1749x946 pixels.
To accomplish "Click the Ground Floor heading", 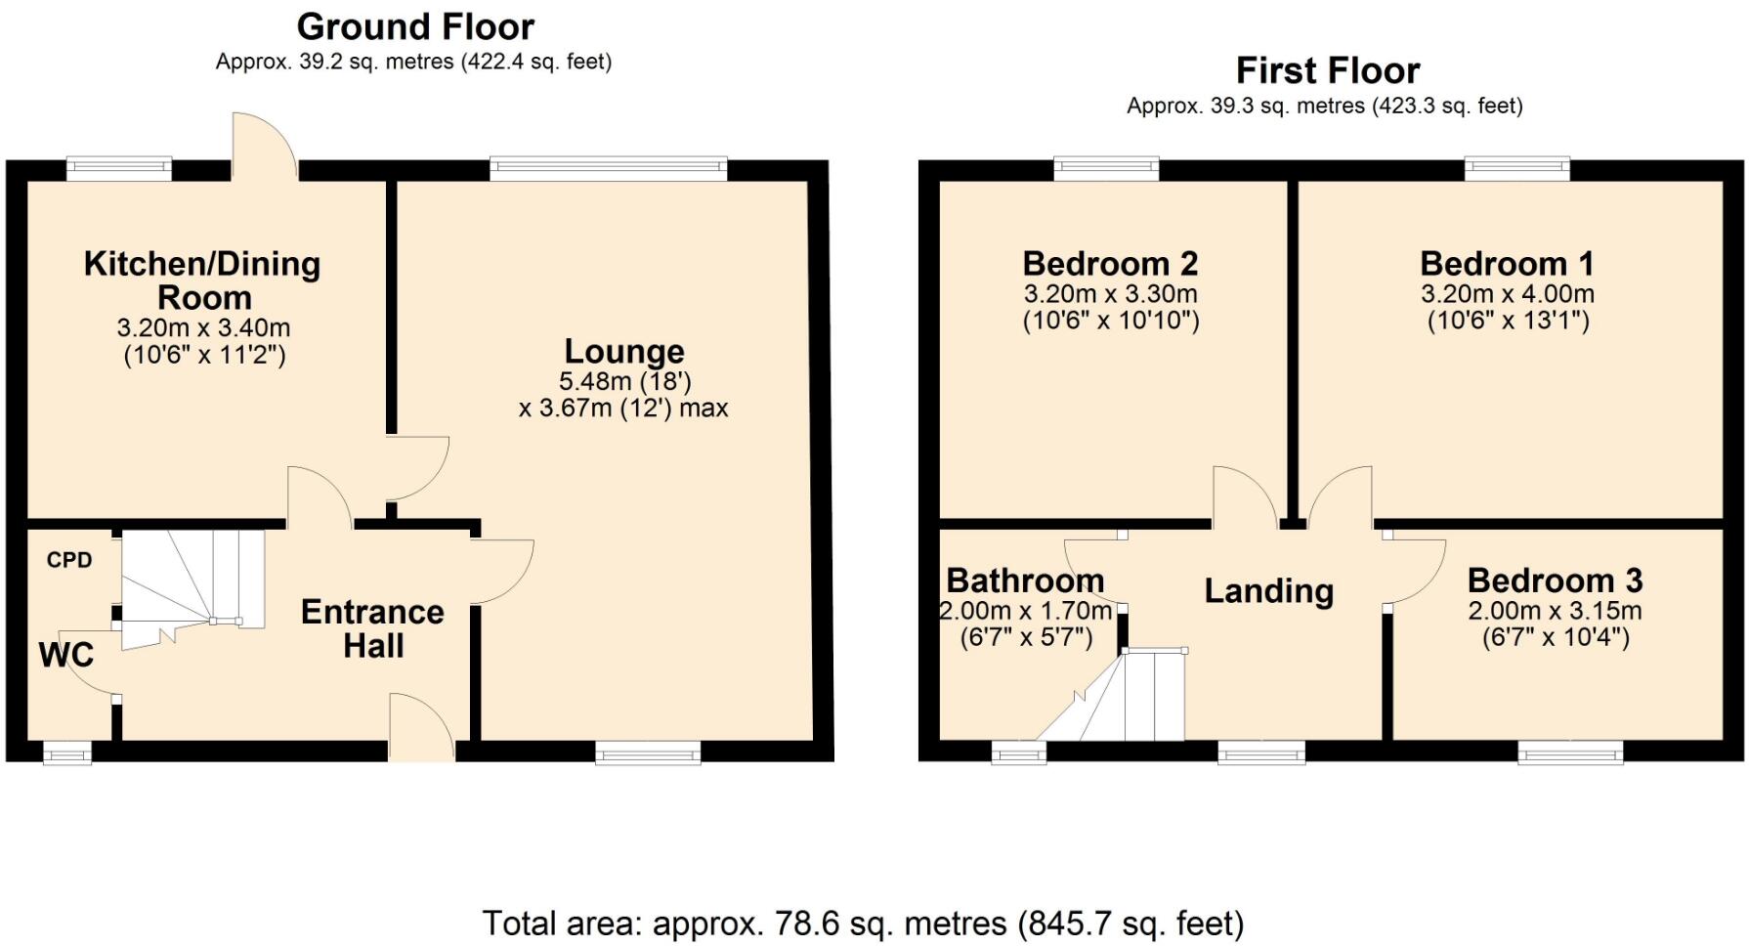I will coord(415,26).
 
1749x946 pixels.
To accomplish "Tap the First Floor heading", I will coord(1327,70).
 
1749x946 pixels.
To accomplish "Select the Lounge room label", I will coord(624,351).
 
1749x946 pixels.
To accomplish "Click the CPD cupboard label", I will coord(69,560).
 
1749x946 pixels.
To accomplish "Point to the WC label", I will coord(66,654).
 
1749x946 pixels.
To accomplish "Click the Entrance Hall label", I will coord(372,628).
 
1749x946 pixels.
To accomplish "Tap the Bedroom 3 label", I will coord(1555,580).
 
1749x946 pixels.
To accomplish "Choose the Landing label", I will coord(1268,590).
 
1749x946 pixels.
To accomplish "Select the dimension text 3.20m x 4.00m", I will coord(1508,293).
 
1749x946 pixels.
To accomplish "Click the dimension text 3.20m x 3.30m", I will coord(1110,293).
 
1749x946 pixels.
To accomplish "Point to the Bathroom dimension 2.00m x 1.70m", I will coord(1025,612).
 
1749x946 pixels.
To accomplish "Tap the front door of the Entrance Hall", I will coord(421,728).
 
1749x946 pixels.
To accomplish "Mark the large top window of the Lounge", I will coord(609,169).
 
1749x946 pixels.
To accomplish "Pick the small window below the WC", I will coord(67,752).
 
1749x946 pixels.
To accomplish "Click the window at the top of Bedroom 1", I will coord(1516,169).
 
